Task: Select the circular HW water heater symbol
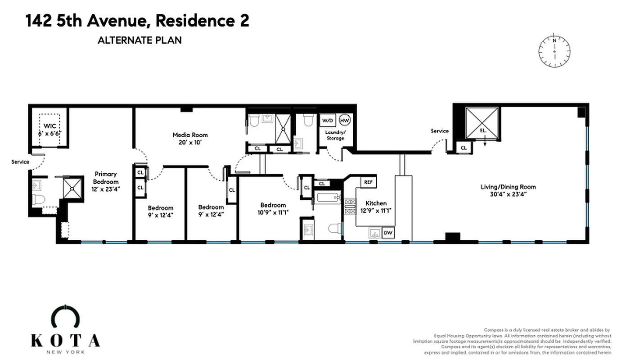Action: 344,120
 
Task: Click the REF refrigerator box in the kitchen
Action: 368,182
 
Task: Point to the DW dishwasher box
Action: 387,233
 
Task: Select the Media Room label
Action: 190,135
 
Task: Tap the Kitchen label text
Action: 376,203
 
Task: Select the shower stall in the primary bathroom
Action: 72,187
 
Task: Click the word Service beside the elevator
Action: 439,131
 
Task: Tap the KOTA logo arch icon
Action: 65,315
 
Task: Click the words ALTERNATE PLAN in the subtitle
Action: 140,40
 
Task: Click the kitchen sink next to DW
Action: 374,233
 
